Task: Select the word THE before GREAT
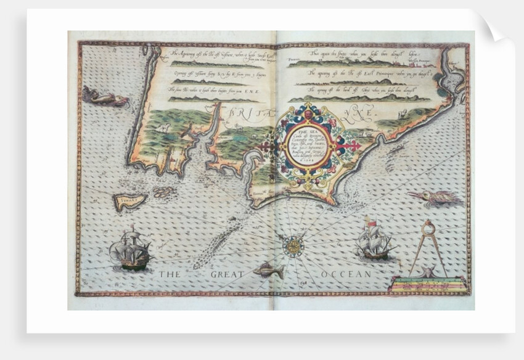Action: click(172, 274)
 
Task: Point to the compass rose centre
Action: click(293, 246)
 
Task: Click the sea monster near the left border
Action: click(105, 97)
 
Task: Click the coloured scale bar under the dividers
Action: click(425, 284)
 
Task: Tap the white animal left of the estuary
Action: click(165, 128)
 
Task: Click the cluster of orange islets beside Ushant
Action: click(163, 192)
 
